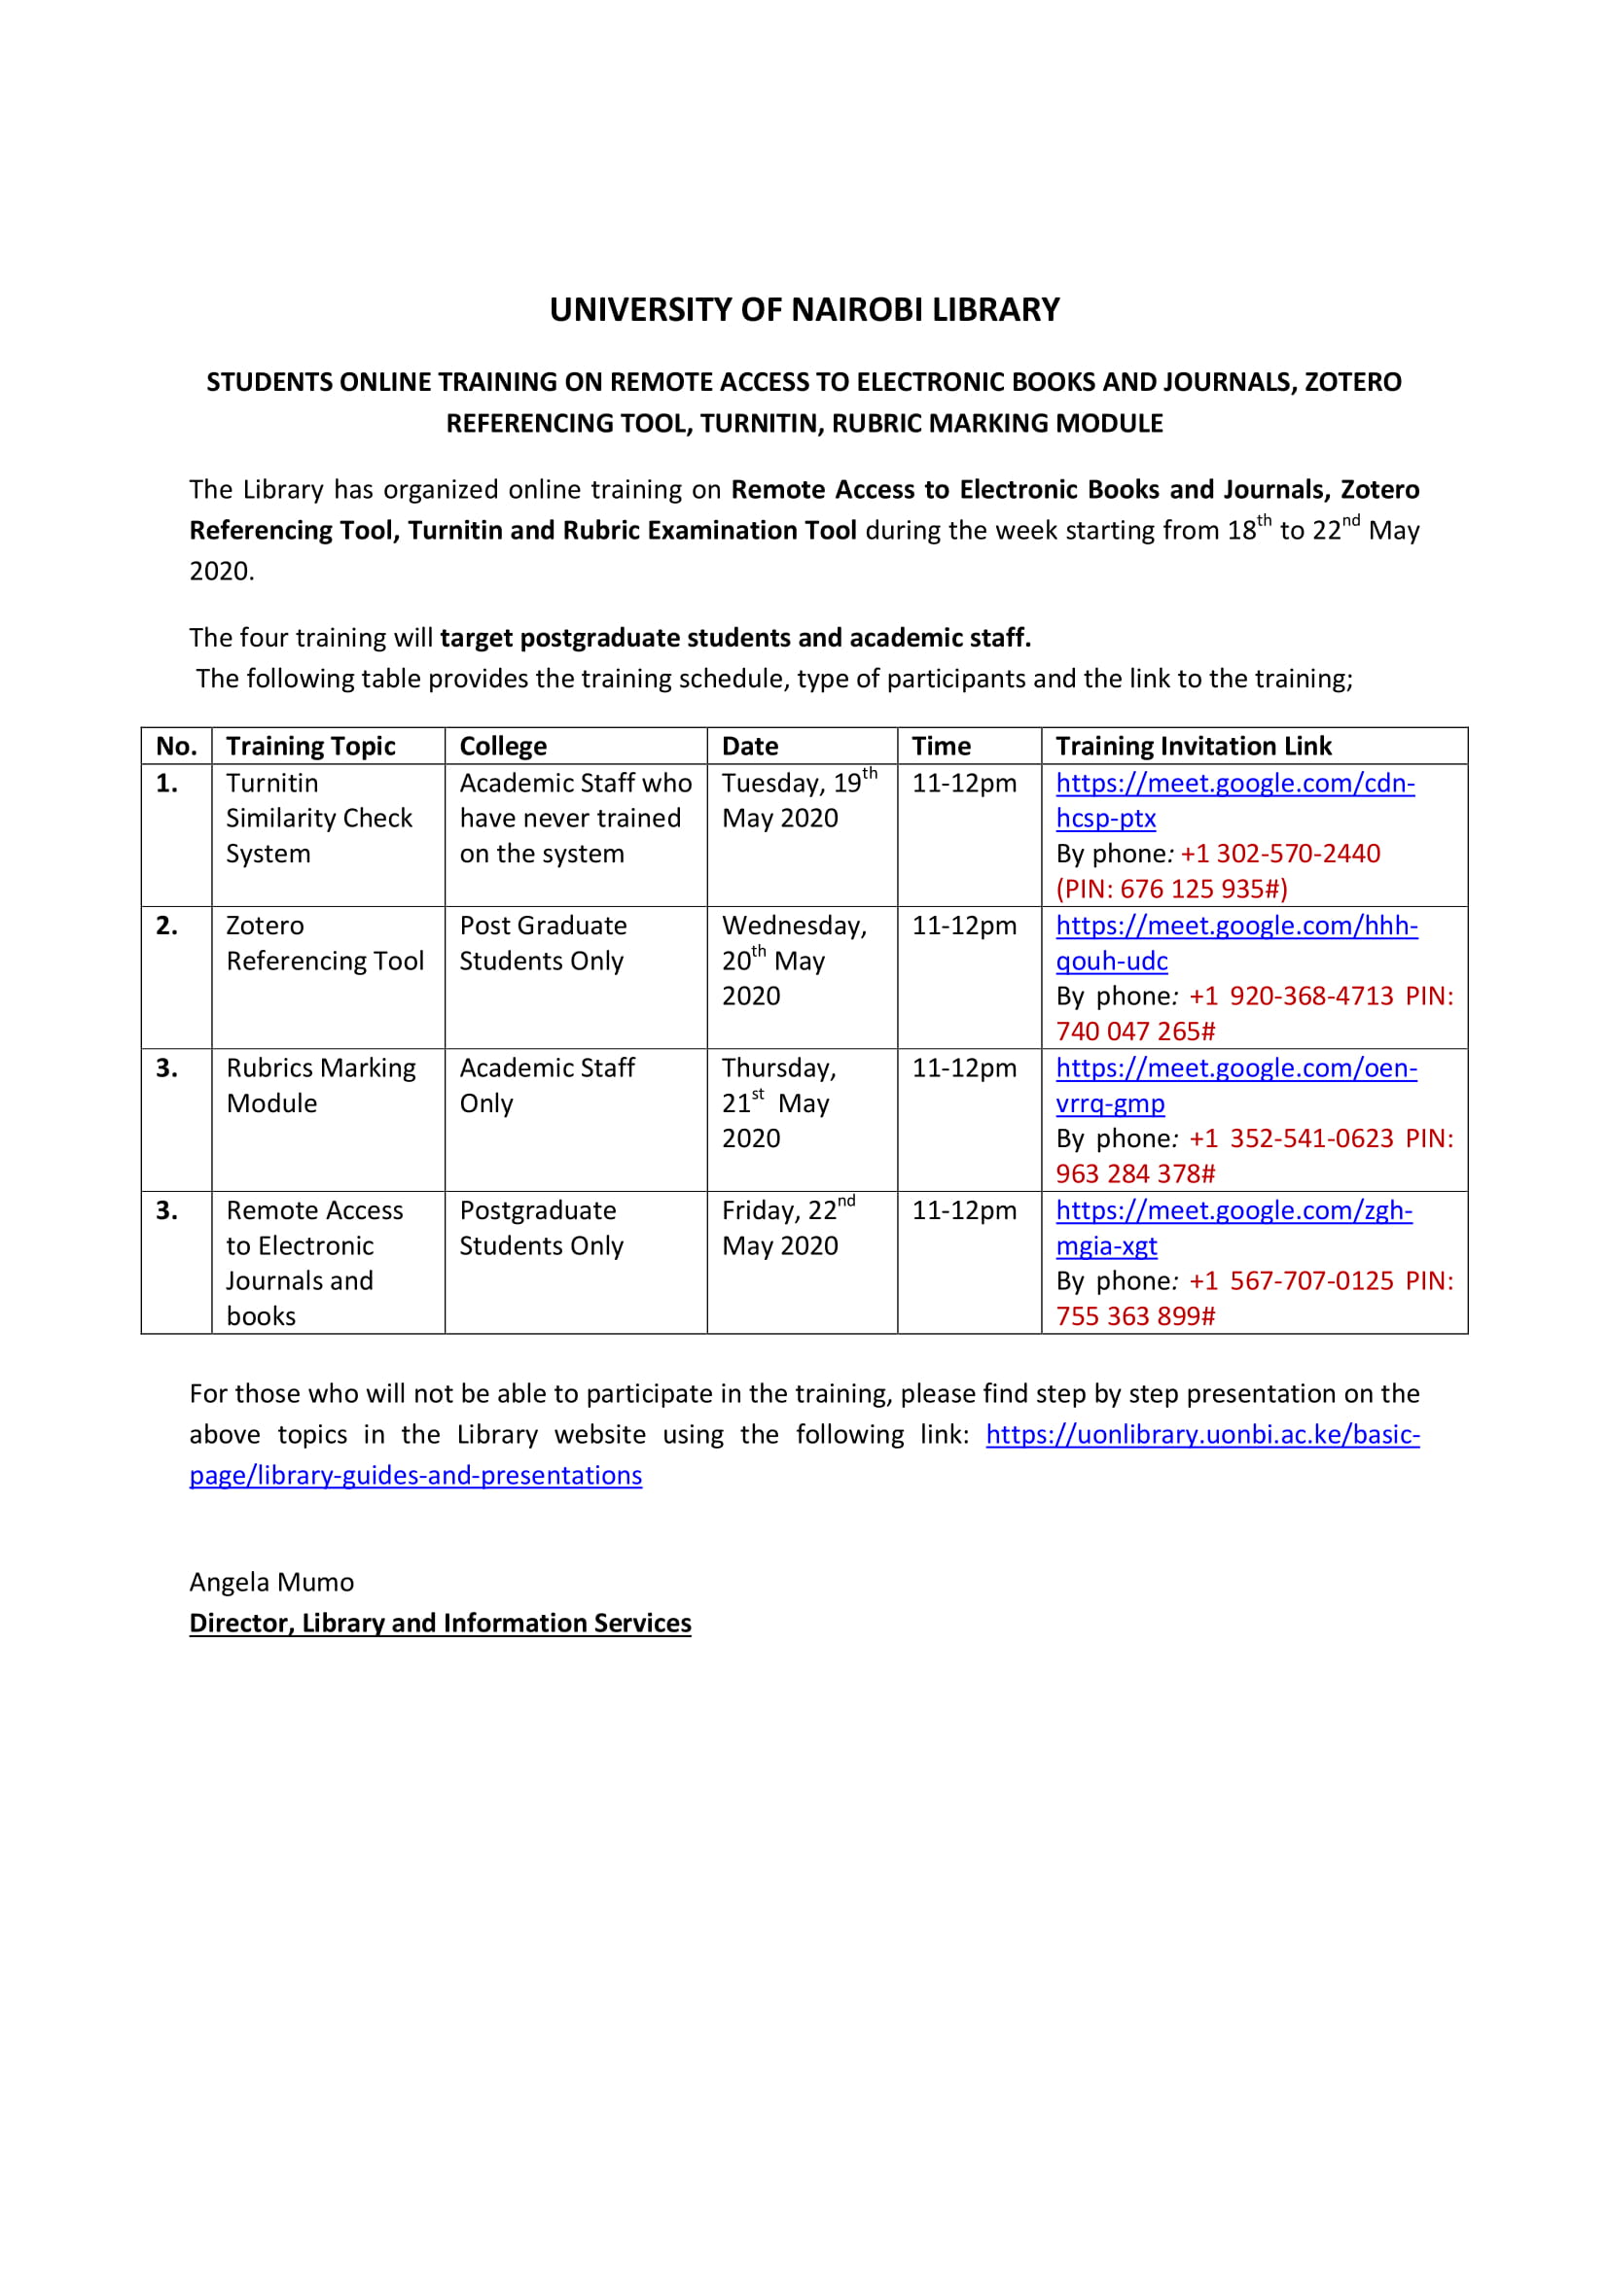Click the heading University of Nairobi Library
[x=804, y=310]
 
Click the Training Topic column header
[x=310, y=746]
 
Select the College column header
[x=502, y=746]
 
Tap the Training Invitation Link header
[x=1193, y=746]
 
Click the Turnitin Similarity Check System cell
[x=318, y=818]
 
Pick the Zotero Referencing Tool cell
[x=324, y=943]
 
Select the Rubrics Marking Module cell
[x=320, y=1086]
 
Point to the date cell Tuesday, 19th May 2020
[x=798, y=800]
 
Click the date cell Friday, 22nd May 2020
[x=788, y=1228]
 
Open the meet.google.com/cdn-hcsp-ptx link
[x=1234, y=784]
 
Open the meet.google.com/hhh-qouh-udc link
[x=1235, y=927]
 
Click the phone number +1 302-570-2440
[x=1280, y=854]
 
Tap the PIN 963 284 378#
[x=1134, y=1173]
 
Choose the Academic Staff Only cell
[x=546, y=1086]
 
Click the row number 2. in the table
[x=167, y=927]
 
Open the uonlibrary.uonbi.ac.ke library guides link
[x=1201, y=1434]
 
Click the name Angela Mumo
[x=271, y=1582]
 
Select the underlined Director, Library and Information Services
[x=440, y=1623]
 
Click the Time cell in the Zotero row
[x=963, y=927]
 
